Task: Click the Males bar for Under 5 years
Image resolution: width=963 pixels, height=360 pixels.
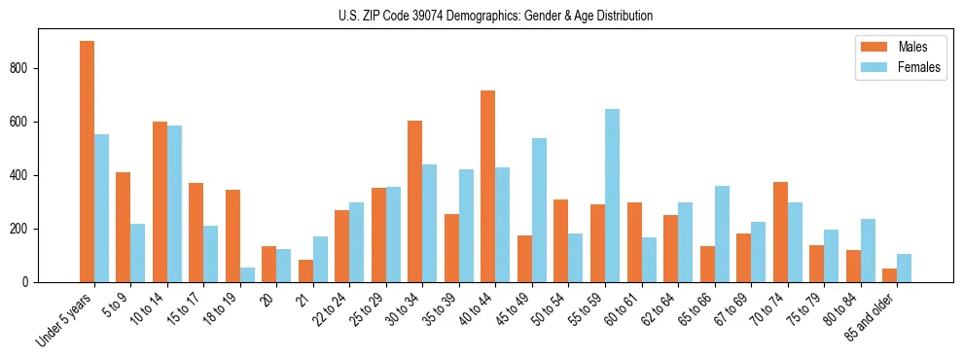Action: pyautogui.click(x=87, y=162)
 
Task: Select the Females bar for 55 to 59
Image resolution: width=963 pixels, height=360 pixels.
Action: pyautogui.click(x=612, y=196)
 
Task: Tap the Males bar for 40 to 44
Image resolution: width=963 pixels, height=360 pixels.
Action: pyautogui.click(x=487, y=186)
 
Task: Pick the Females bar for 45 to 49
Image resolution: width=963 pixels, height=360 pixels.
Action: pyautogui.click(x=539, y=210)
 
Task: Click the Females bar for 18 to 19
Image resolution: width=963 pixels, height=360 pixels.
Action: pyautogui.click(x=247, y=274)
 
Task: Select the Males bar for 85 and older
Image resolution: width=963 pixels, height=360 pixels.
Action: pyautogui.click(x=889, y=275)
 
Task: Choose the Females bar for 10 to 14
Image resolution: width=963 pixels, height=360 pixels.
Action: pyautogui.click(x=174, y=203)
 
